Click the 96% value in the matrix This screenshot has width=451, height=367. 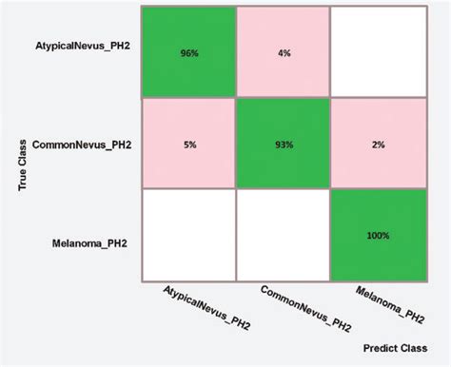pyautogui.click(x=187, y=53)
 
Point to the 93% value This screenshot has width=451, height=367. pyautogui.click(x=282, y=145)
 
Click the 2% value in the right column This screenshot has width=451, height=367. pyautogui.click(x=377, y=145)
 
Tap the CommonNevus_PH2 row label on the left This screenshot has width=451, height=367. pyautogui.click(x=82, y=145)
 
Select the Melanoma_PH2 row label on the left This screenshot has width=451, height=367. pyautogui.click(x=91, y=243)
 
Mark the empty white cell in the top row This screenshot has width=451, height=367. pyautogui.click(x=377, y=52)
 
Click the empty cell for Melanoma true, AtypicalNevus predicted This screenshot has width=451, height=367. pyautogui.click(x=187, y=235)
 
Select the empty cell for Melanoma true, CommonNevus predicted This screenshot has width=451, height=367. pyautogui.click(x=282, y=235)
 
